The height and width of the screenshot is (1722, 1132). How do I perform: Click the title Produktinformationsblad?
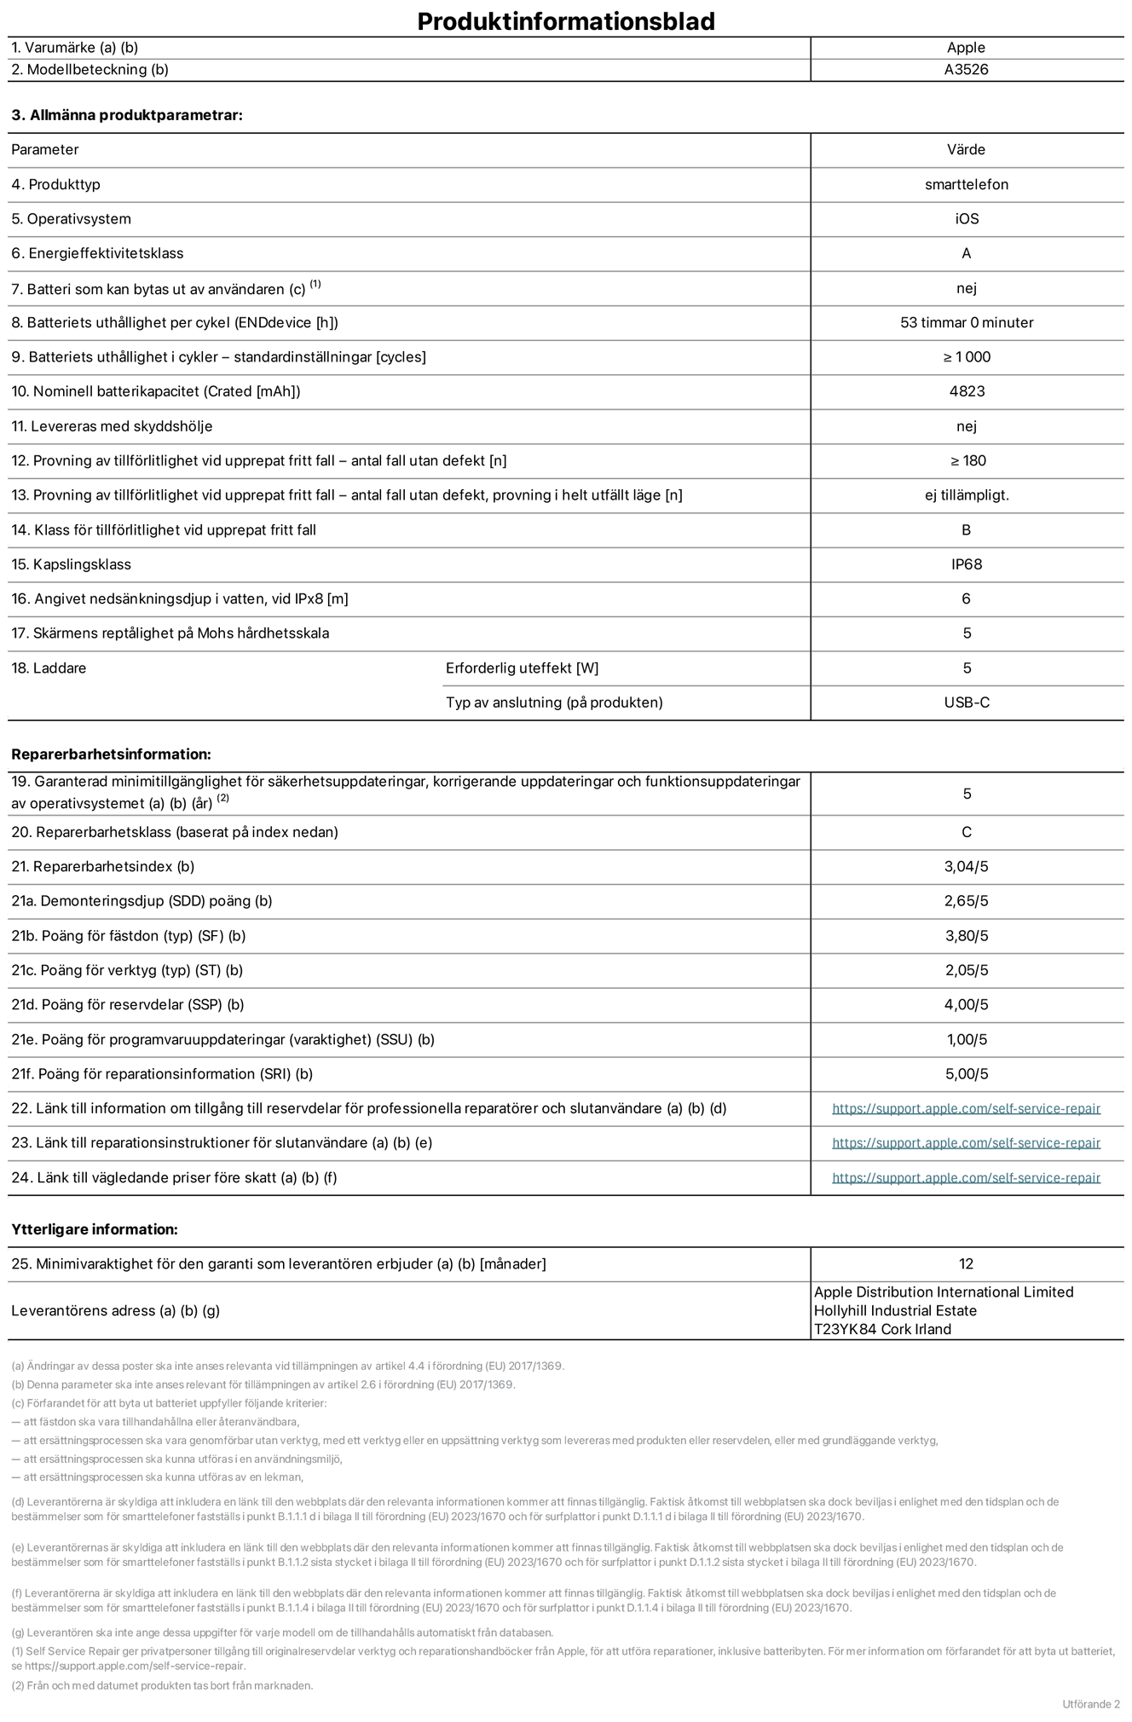tap(565, 20)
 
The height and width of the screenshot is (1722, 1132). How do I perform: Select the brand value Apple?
tap(966, 48)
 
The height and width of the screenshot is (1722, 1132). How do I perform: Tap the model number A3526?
tap(966, 70)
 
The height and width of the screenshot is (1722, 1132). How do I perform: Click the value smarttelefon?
tap(966, 184)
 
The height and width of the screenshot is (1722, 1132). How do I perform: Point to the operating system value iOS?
tap(966, 219)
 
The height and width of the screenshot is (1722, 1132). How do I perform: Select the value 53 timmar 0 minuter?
tap(966, 322)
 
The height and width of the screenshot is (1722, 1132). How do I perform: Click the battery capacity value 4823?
tap(966, 391)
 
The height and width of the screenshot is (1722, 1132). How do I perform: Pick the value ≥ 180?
tap(967, 460)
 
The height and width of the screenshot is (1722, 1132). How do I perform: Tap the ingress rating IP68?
tap(966, 564)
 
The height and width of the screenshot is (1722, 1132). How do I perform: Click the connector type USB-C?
tap(966, 702)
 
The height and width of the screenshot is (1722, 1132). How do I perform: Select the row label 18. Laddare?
tap(49, 668)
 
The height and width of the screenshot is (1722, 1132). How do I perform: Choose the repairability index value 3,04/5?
tap(966, 866)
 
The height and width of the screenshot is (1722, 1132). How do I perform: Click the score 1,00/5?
tap(966, 1039)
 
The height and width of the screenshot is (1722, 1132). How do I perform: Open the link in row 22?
tap(966, 1108)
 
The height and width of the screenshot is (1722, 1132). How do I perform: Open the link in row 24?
tap(966, 1177)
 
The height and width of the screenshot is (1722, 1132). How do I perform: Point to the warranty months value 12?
tap(966, 1263)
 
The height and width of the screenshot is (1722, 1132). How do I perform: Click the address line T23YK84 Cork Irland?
tap(882, 1329)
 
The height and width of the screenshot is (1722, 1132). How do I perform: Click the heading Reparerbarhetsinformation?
tap(111, 754)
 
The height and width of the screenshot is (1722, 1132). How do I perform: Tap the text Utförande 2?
tap(1091, 1703)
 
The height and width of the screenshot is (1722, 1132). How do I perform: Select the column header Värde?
tap(966, 149)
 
